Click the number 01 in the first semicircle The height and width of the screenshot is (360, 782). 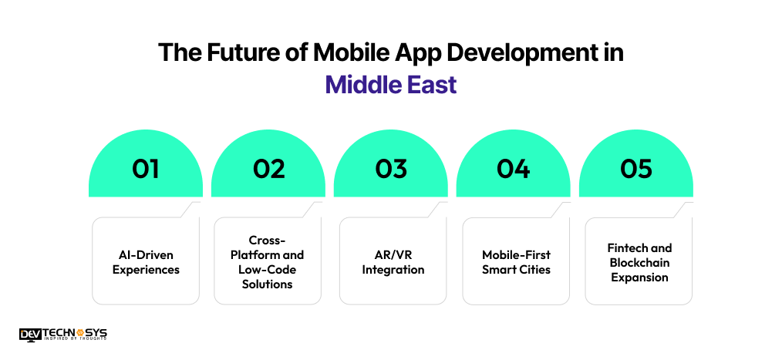tap(146, 169)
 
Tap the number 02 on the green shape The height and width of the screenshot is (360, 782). tap(268, 169)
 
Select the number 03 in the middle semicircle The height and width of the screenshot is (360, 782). tap(391, 169)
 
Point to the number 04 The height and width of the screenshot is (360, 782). tap(514, 169)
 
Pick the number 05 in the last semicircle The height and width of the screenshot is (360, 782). tap(636, 169)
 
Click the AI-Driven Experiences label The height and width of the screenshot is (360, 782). tap(146, 262)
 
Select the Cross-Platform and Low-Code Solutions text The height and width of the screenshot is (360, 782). tap(268, 262)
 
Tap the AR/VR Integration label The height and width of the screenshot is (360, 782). tap(393, 262)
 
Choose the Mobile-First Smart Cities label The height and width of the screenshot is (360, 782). tap(515, 262)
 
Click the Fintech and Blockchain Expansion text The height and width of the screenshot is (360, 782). tap(639, 262)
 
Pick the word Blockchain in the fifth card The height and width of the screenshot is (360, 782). tap(639, 262)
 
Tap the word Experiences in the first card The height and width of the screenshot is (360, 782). tap(146, 269)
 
